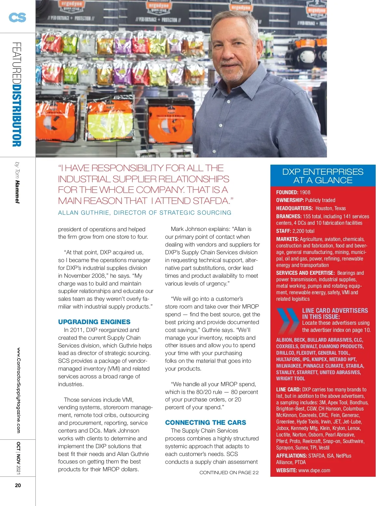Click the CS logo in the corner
pos(18,17)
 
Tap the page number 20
pos(18,485)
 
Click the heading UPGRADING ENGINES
pos(94,322)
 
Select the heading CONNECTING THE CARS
pos(205,423)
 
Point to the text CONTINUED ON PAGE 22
pos(229,473)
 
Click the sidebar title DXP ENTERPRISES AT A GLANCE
pos(323,176)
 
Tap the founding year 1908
pos(305,192)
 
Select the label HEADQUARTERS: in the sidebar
pos(294,208)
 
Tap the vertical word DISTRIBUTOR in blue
pos(17,116)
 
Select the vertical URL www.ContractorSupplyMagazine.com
pos(18,390)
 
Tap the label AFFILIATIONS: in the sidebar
pos(292,456)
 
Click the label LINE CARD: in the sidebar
pos(288,389)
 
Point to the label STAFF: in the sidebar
pos(283,231)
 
